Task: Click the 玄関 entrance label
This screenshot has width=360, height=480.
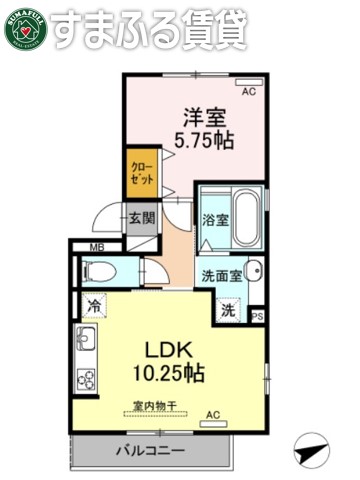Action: [140, 218]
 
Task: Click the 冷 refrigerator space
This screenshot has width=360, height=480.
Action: [93, 308]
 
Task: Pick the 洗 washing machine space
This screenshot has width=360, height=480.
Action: [229, 310]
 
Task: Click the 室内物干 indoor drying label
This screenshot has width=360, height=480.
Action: [155, 405]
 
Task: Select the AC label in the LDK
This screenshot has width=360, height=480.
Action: [212, 414]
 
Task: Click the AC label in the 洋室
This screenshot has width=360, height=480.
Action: [248, 92]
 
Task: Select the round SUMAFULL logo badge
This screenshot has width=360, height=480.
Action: [24, 28]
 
